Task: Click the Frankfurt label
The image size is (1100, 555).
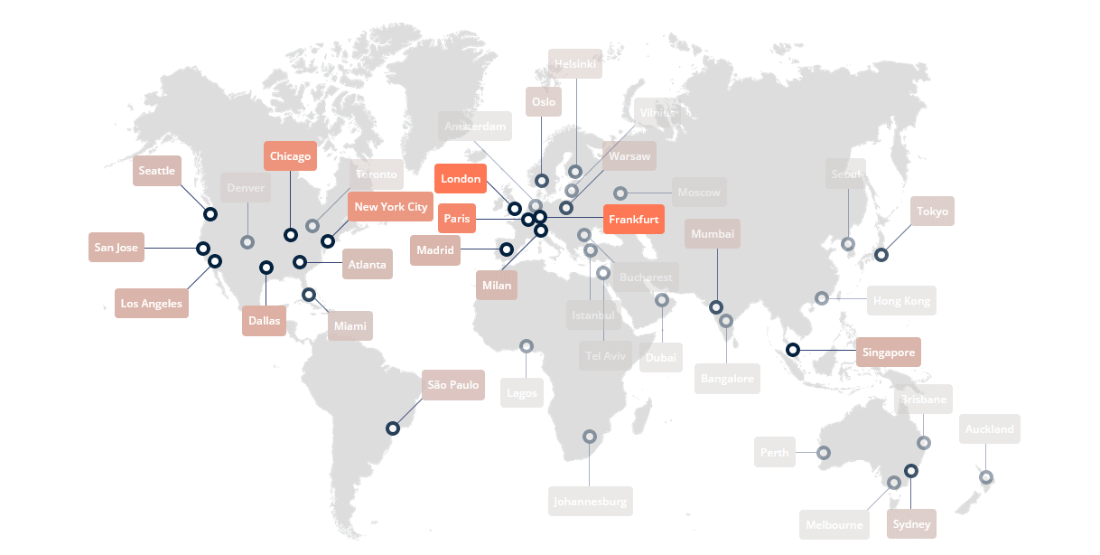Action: [x=633, y=220]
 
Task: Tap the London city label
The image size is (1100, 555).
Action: [x=461, y=179]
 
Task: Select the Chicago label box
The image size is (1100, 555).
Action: [x=290, y=156]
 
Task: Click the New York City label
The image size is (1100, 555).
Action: [x=391, y=207]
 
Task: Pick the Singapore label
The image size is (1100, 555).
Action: [x=889, y=353]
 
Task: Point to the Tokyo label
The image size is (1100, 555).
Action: [x=933, y=212]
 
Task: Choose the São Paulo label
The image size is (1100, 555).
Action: [x=453, y=385]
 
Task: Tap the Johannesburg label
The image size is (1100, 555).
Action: [x=591, y=502]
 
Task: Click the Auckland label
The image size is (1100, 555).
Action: [x=989, y=429]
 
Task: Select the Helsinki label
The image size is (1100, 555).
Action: [x=575, y=64]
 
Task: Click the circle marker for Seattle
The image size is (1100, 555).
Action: [x=210, y=214]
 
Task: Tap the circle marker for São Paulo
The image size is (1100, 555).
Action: [x=393, y=428]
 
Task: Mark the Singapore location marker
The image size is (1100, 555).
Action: [x=793, y=350]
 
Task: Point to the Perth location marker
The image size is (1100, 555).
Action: [x=824, y=452]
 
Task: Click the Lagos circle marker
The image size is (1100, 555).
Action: [x=527, y=345]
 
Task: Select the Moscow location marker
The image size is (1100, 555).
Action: [x=620, y=193]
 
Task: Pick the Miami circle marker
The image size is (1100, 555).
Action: [x=309, y=294]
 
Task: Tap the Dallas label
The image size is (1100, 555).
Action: [x=265, y=321]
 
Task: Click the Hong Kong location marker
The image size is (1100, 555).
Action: [x=822, y=298]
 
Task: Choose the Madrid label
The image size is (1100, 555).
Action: [x=435, y=250]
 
